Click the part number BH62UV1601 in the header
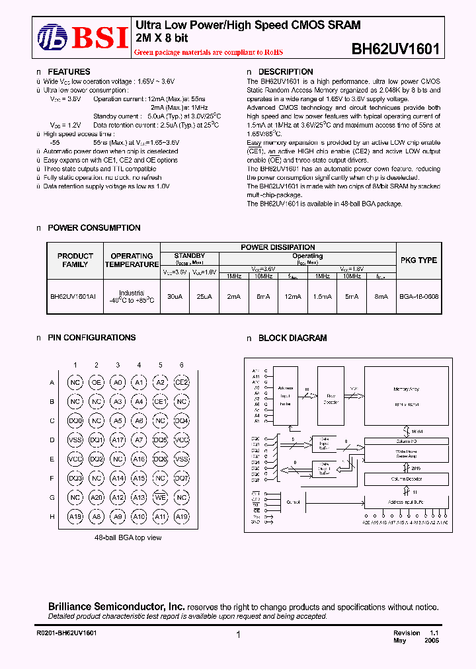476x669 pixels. pos(395,49)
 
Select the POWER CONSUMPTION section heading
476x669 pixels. pos(94,228)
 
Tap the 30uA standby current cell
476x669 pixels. pos(175,297)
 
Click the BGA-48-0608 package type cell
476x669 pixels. pos(418,297)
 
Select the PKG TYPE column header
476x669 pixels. pos(418,260)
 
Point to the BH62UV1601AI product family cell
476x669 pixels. pos(73,297)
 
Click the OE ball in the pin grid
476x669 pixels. pos(97,382)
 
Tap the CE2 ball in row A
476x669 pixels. pos(181,382)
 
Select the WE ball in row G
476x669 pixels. pos(160,497)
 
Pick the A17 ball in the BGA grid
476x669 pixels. pos(118,440)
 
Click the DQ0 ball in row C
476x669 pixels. pos(75,420)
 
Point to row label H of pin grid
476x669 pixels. pos(52,516)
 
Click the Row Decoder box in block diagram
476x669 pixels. pos(331,399)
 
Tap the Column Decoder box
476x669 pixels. pos(406,478)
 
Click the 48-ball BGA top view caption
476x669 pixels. pos(128,538)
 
